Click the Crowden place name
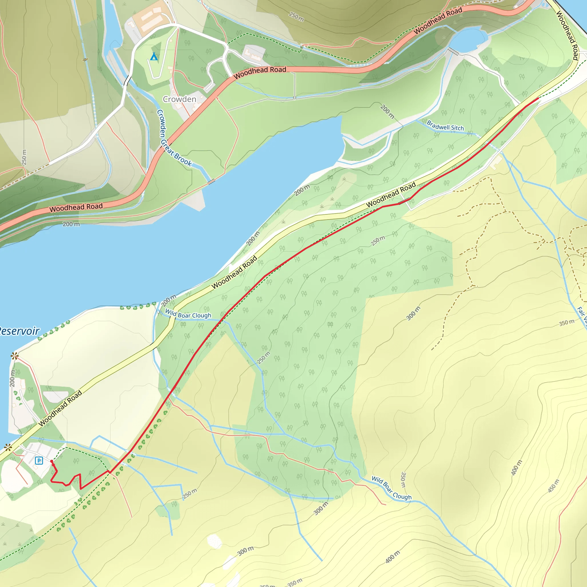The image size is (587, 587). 179,99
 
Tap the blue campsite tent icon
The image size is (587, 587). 154,56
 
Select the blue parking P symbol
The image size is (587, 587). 39,461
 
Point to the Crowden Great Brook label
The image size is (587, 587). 173,138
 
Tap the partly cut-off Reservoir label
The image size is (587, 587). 19,331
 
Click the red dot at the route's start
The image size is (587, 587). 52,461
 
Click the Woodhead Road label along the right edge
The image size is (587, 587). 567,35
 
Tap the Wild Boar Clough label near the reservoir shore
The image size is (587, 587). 188,314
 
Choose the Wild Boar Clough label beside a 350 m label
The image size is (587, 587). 391,488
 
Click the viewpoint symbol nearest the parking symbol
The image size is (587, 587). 8,447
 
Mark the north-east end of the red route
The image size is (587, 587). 538,98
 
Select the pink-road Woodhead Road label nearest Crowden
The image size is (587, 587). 260,72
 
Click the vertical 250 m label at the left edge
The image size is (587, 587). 24,157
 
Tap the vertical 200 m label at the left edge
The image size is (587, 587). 12,378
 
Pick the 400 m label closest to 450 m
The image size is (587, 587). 516,467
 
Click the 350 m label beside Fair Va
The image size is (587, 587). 567,322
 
